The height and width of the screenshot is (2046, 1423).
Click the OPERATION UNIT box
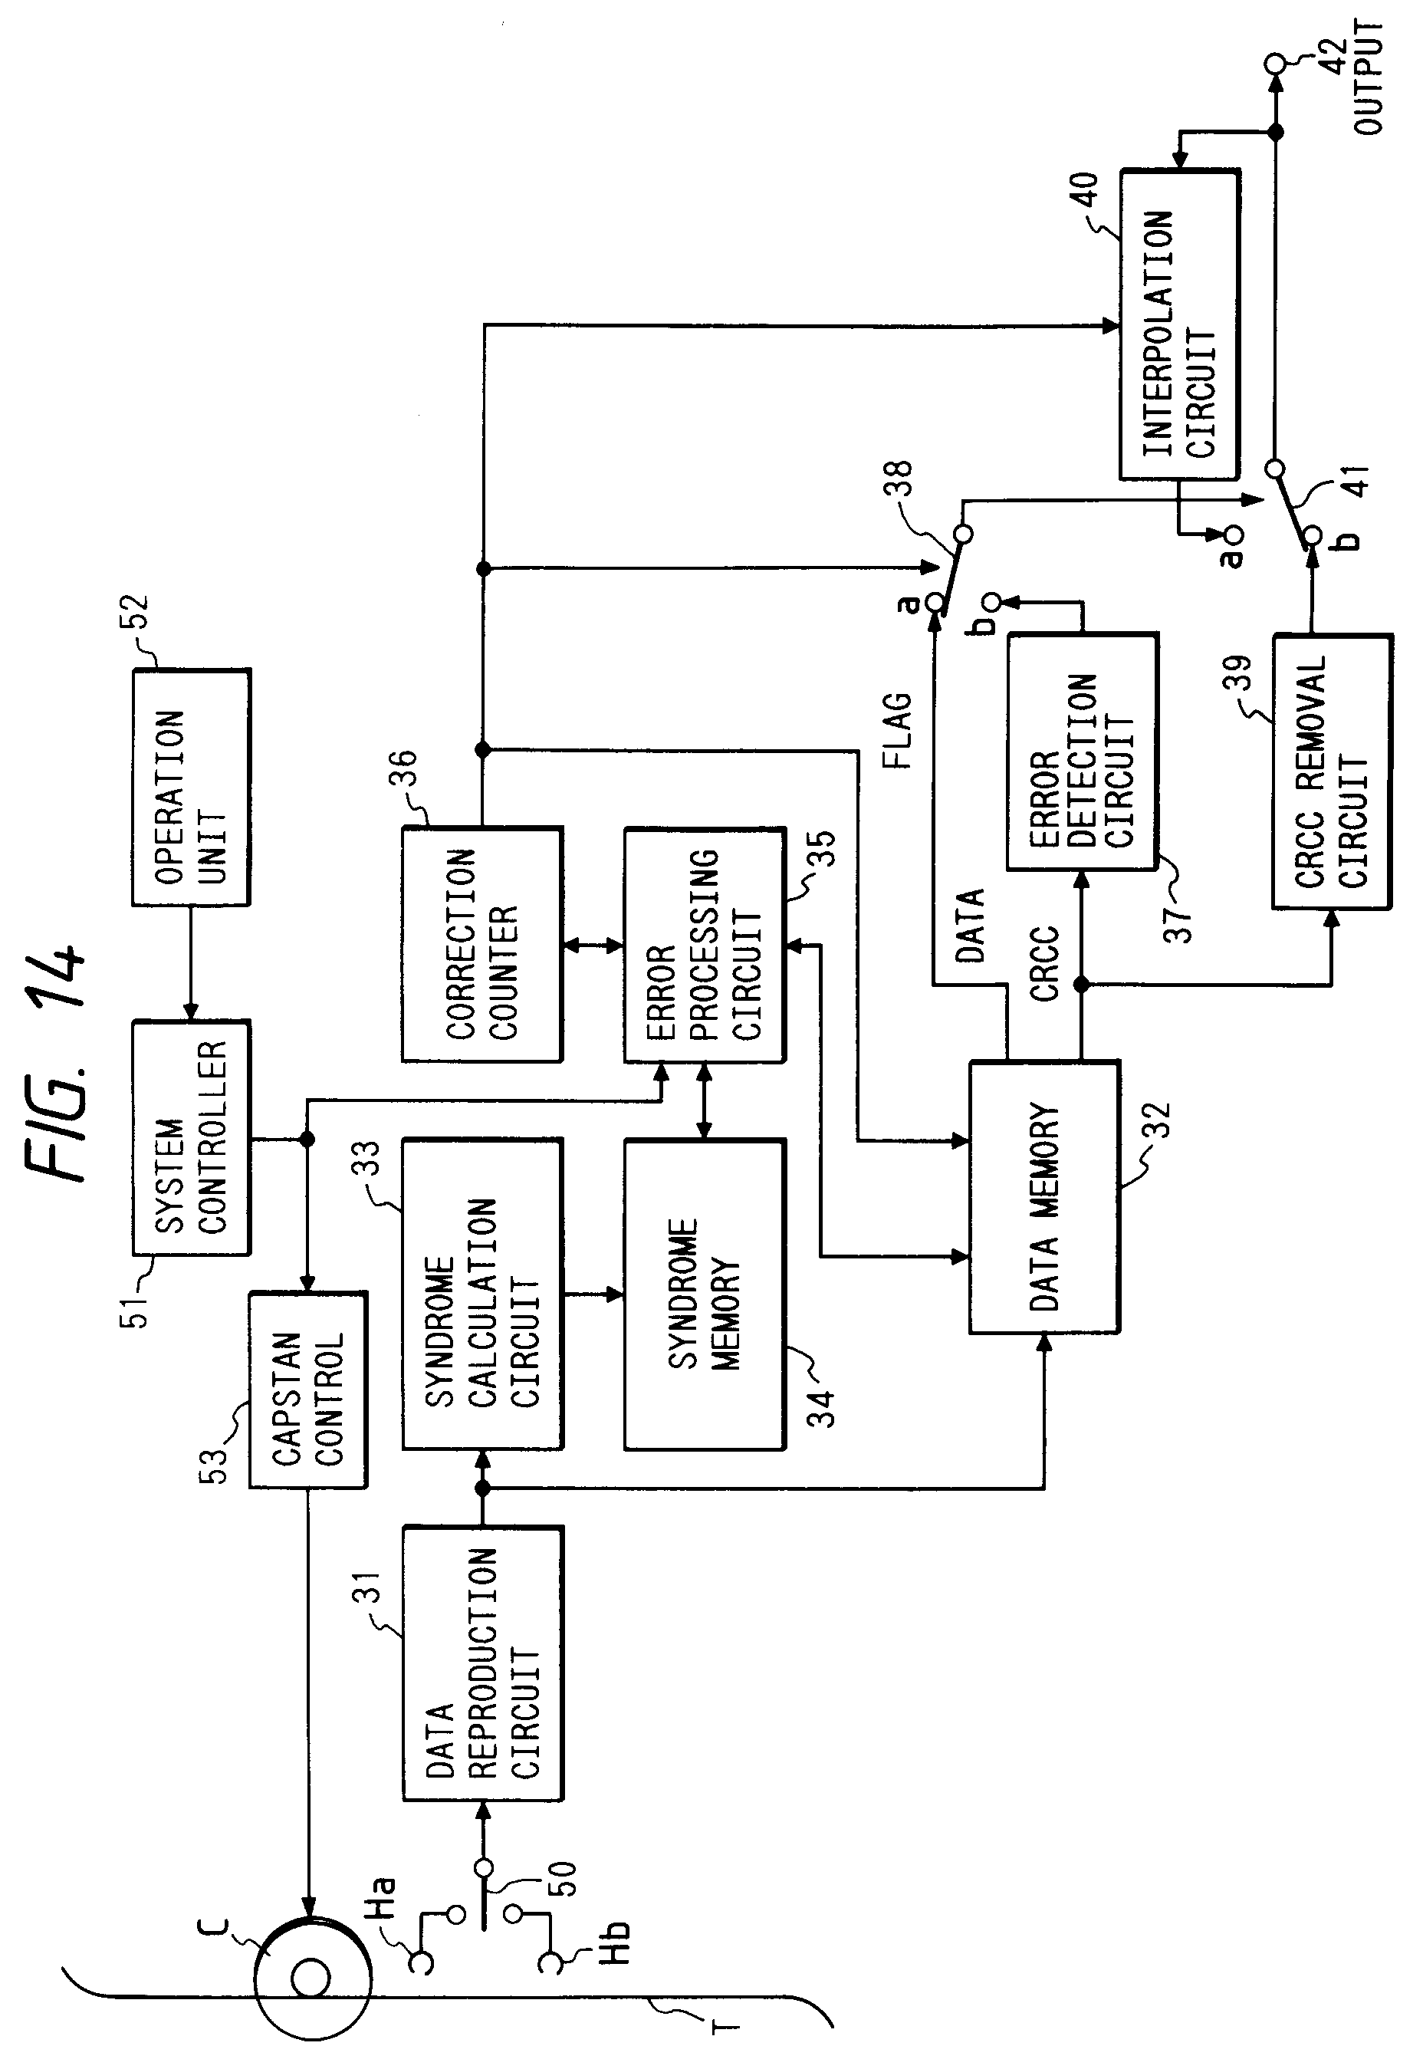pos(191,788)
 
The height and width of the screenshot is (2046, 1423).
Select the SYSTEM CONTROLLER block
pos(191,1138)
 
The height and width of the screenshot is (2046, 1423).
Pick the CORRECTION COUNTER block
pos(481,945)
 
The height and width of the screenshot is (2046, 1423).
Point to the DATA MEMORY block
pos(1044,1197)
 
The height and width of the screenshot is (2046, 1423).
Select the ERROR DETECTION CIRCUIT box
pos(1082,752)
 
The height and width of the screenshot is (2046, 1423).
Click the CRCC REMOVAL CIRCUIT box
pos(1331,771)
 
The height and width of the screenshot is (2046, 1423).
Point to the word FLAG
pos(897,730)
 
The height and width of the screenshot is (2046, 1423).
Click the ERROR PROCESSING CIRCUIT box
pos(704,945)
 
